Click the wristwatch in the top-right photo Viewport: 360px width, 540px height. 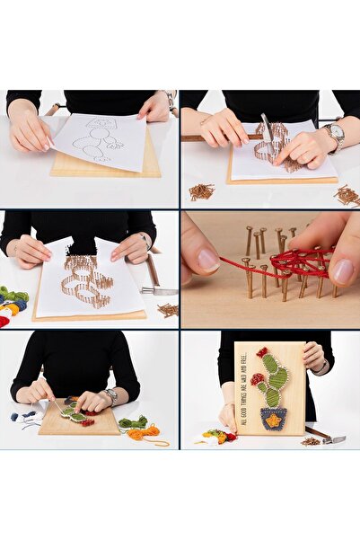pyautogui.click(x=336, y=136)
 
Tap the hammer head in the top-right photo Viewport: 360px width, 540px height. pyautogui.click(x=267, y=127)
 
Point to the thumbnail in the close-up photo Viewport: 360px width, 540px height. pyautogui.click(x=207, y=260)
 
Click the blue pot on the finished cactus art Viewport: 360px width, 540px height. pyautogui.click(x=273, y=418)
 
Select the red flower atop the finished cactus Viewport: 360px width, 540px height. pyautogui.click(x=262, y=352)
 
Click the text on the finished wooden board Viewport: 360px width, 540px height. pyautogui.click(x=245, y=386)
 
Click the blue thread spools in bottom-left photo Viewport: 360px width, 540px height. pyautogui.click(x=27, y=416)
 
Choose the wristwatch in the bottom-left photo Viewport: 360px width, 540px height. pyautogui.click(x=110, y=394)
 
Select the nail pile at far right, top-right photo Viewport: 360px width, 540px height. pyautogui.click(x=347, y=194)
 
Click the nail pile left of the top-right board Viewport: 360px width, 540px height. pyautogui.click(x=201, y=190)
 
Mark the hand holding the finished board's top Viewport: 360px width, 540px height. pyautogui.click(x=312, y=356)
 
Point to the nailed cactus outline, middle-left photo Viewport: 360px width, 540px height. pyautogui.click(x=90, y=280)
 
